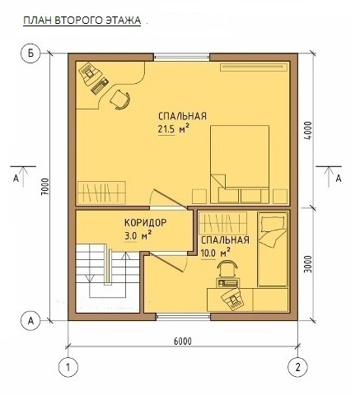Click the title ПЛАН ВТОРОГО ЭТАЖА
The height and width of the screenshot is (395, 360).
click(x=82, y=21)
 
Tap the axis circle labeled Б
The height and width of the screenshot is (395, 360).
click(x=30, y=53)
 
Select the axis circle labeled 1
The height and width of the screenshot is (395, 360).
click(x=68, y=367)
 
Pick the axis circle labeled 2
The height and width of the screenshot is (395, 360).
click(x=297, y=367)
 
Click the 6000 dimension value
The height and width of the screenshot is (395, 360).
click(x=183, y=342)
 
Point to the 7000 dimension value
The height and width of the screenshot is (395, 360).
click(x=45, y=187)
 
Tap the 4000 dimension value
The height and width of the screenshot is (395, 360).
click(x=309, y=131)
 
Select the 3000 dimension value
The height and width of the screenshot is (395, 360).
click(x=309, y=264)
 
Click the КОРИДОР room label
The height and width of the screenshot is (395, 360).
click(x=146, y=222)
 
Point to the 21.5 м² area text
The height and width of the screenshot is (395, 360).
click(x=174, y=128)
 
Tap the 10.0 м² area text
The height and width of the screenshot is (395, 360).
click(x=216, y=253)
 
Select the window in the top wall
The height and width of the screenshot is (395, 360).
click(x=181, y=58)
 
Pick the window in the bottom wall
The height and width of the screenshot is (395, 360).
click(x=184, y=317)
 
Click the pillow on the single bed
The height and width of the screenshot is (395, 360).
click(x=274, y=222)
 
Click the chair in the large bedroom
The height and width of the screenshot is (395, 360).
click(x=120, y=100)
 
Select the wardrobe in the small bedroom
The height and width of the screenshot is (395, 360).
click(x=223, y=222)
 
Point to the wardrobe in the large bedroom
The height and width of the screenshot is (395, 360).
click(x=101, y=193)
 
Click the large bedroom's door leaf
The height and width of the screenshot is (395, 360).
click(x=171, y=199)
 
